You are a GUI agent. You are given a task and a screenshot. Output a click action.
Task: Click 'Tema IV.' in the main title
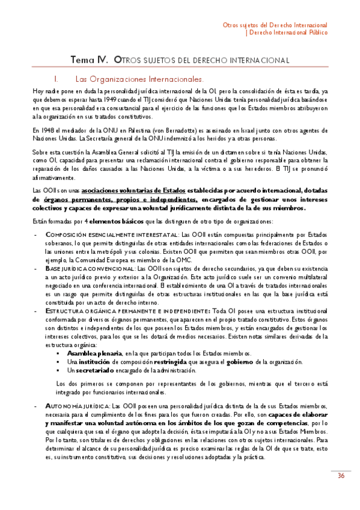[x=90, y=60]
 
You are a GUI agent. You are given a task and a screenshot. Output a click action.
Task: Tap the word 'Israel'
[x=261, y=130]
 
